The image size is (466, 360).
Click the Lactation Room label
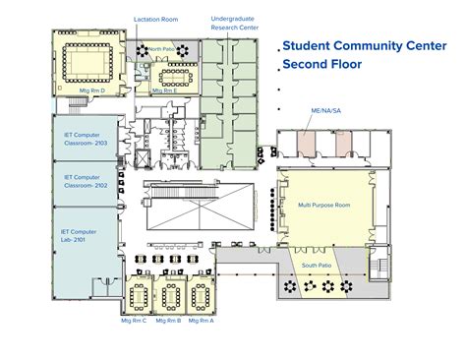[155, 19]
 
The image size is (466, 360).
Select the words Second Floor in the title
[322, 65]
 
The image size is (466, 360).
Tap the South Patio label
[317, 267]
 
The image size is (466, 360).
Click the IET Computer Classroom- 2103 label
[84, 133]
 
